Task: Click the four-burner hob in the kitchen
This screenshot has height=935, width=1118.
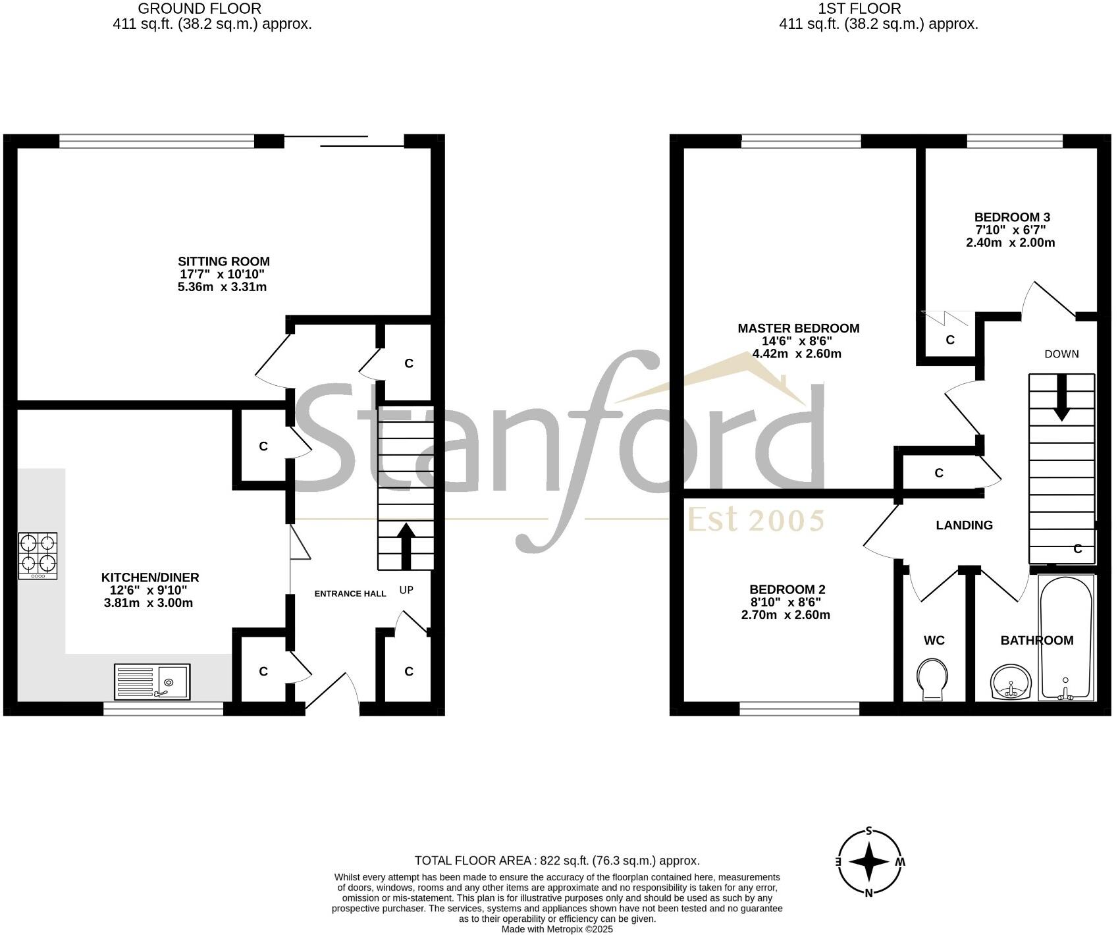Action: [38, 555]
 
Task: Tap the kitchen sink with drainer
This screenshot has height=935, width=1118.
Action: [152, 681]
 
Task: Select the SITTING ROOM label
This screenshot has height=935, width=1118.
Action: [224, 261]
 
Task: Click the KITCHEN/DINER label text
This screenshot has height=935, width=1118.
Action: [149, 577]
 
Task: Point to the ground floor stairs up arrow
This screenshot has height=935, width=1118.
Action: [406, 545]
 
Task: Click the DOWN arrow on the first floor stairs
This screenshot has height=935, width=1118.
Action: [1061, 397]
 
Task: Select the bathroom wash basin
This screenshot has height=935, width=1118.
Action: [1011, 682]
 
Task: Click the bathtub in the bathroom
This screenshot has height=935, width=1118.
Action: [1065, 637]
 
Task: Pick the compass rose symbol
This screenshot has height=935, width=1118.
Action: [869, 862]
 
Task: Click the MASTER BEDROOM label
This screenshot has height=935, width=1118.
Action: [798, 329]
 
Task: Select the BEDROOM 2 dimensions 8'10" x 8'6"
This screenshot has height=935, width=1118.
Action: [787, 602]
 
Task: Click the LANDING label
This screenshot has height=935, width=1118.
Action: [964, 525]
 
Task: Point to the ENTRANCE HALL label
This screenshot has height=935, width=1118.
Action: [350, 593]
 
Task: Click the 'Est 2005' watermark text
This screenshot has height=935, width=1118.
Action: [756, 520]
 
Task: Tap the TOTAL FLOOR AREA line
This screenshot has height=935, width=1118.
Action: [557, 861]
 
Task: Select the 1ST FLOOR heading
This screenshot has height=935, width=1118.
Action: [859, 9]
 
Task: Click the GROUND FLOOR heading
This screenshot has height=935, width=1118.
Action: [199, 9]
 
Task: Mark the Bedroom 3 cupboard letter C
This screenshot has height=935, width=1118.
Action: [950, 340]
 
